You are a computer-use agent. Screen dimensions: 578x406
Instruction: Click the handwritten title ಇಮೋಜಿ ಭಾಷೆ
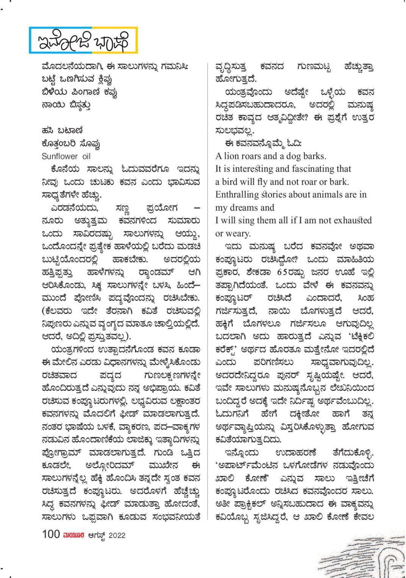pos(83,40)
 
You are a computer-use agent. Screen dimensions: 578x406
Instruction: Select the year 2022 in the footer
pos(117,535)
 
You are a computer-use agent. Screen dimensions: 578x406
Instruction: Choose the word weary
pos(238,233)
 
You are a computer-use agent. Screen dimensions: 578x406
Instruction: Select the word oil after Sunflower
pos(86,156)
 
